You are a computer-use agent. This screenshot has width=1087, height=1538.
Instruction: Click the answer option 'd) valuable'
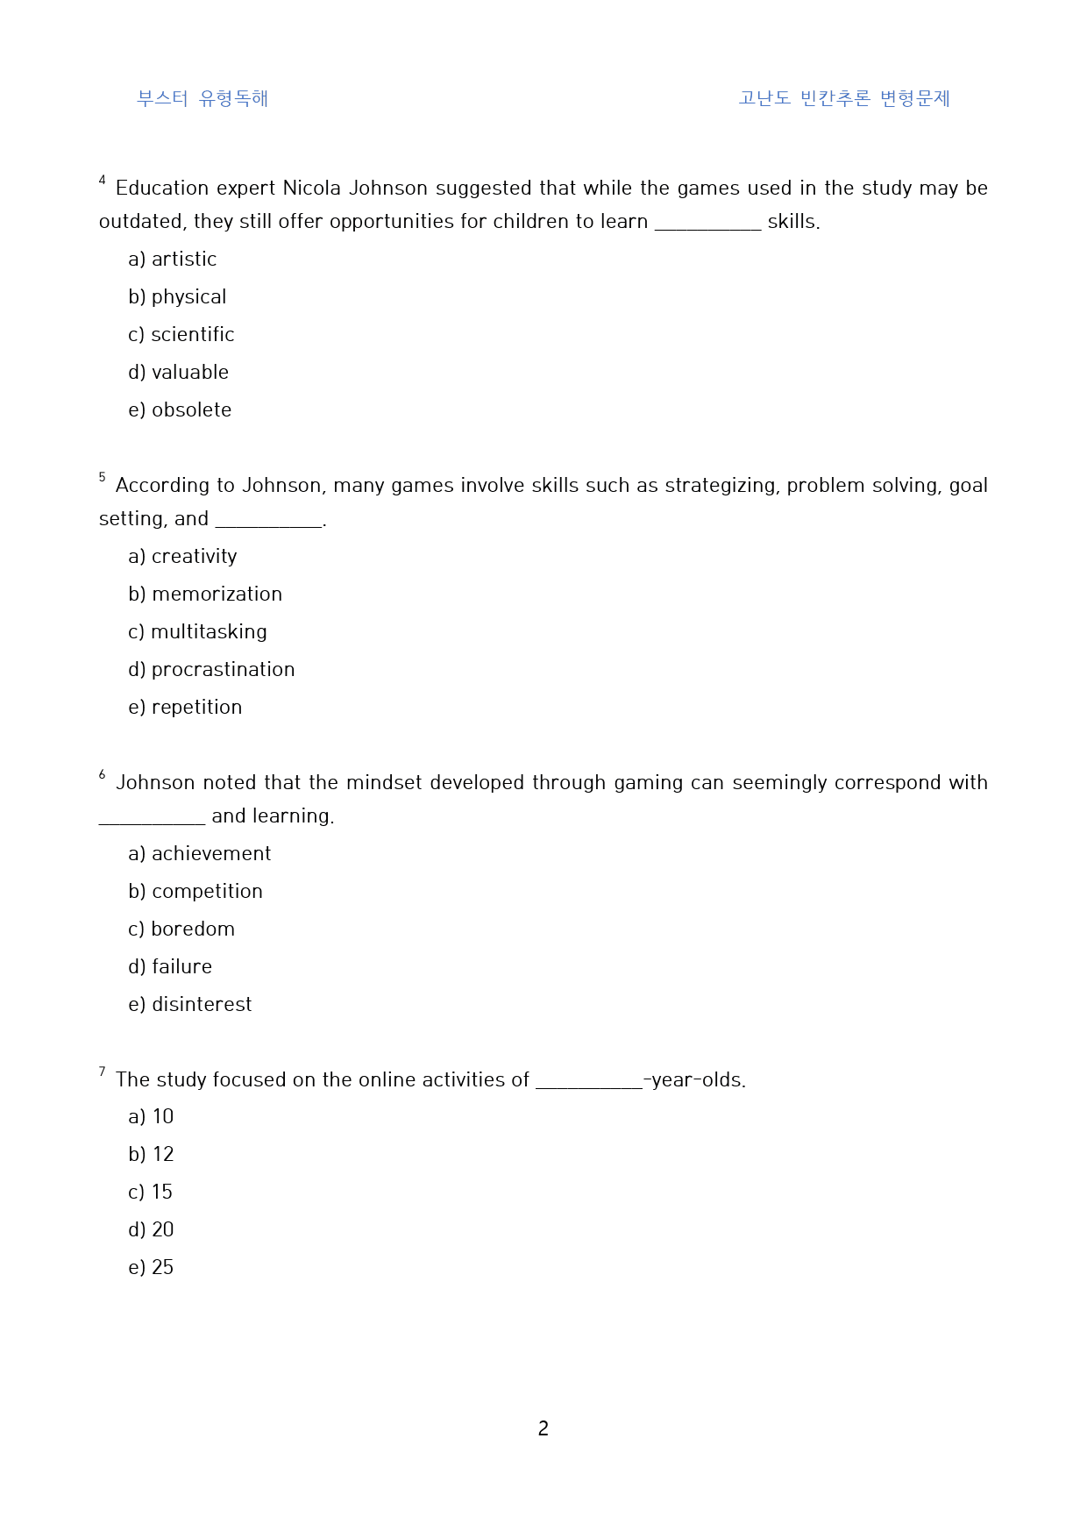click(178, 372)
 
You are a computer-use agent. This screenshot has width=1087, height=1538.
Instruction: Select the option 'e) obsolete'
click(180, 409)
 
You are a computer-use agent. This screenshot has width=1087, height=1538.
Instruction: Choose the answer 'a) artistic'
click(172, 259)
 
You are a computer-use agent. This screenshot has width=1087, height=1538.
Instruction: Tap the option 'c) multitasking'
click(197, 631)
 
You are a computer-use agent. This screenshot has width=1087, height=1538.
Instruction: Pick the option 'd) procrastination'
click(211, 669)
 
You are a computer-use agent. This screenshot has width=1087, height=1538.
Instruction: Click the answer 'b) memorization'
click(205, 594)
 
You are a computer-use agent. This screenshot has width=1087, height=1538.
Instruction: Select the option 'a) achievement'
click(199, 853)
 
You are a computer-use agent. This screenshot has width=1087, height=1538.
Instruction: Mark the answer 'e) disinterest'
click(189, 1004)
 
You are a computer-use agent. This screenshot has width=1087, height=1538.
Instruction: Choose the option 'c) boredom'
click(181, 929)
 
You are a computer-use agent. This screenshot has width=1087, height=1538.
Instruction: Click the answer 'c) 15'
click(150, 1192)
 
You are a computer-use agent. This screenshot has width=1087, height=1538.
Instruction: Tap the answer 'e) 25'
click(151, 1267)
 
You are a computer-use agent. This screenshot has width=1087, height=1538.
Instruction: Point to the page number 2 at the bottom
click(543, 1428)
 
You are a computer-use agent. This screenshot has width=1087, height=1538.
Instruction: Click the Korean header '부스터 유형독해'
click(202, 98)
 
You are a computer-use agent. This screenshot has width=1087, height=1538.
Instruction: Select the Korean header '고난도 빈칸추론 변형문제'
click(844, 98)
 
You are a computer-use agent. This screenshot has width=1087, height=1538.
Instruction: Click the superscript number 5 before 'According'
click(103, 477)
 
